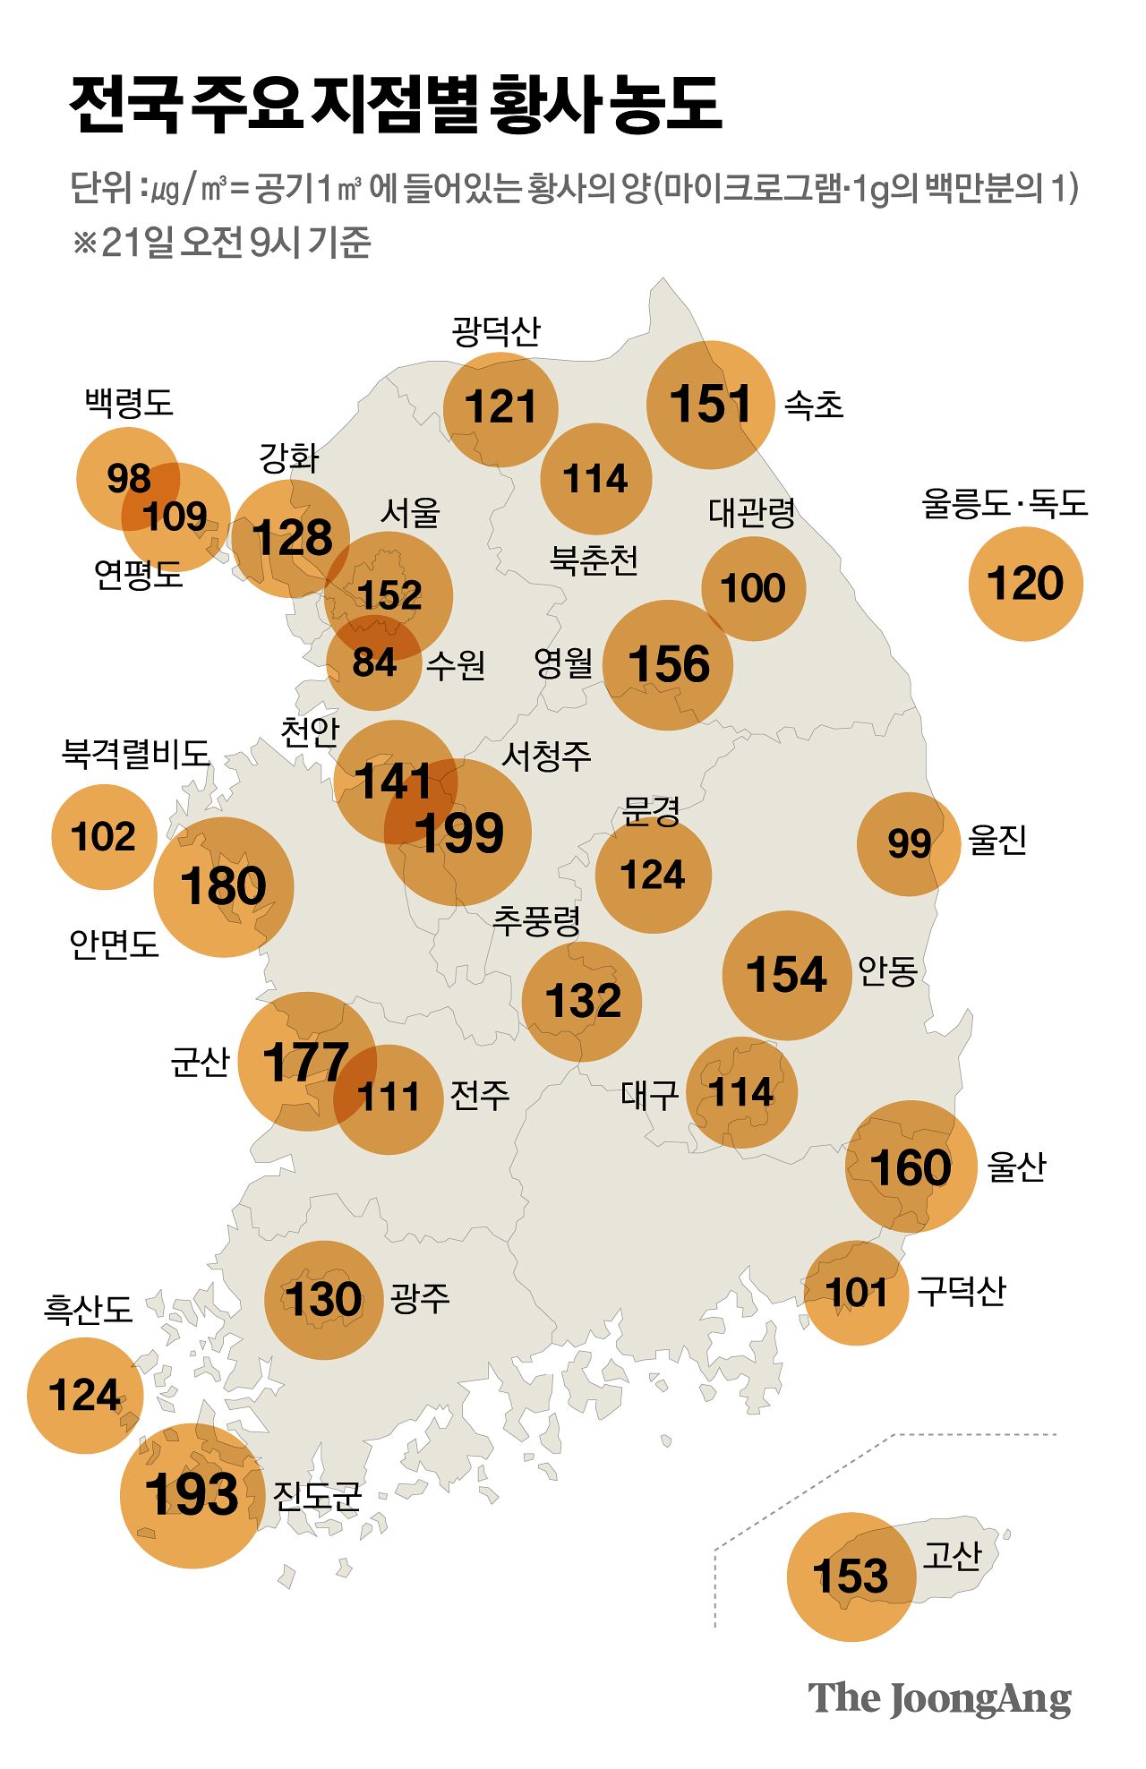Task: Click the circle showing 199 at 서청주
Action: (458, 833)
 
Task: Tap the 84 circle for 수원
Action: (374, 663)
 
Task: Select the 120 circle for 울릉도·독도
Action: (1025, 584)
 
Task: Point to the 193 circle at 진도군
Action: (192, 1495)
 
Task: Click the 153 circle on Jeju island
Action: (851, 1577)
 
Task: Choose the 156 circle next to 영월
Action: (668, 665)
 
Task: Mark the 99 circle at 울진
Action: (909, 844)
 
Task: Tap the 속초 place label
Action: (814, 406)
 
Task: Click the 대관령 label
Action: (752, 513)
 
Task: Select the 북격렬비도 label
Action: (135, 754)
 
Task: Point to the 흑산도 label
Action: (88, 1310)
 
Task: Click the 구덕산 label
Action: (962, 1291)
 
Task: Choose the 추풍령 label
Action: (537, 920)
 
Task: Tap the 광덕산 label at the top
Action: (496, 331)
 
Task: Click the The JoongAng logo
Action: (939, 1698)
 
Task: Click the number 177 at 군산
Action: (305, 1063)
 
